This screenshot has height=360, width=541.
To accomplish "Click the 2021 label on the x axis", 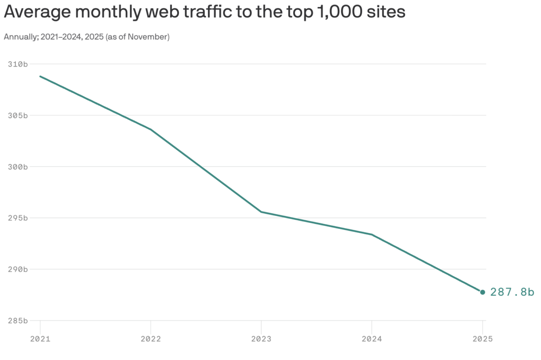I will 40,339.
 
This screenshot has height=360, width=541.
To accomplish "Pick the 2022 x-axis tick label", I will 151,339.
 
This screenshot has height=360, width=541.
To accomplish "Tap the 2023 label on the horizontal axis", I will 261,339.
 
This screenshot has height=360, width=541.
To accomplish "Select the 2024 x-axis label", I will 372,339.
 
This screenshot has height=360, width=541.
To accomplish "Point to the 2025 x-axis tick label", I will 483,339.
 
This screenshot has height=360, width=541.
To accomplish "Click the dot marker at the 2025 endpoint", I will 483,292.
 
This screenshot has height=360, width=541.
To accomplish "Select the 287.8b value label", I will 512,292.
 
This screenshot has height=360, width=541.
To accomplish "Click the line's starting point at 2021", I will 40,76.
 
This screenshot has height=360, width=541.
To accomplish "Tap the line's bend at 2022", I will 151,130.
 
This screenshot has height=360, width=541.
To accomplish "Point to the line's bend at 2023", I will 261,212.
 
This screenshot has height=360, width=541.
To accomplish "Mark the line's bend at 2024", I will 372,235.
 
